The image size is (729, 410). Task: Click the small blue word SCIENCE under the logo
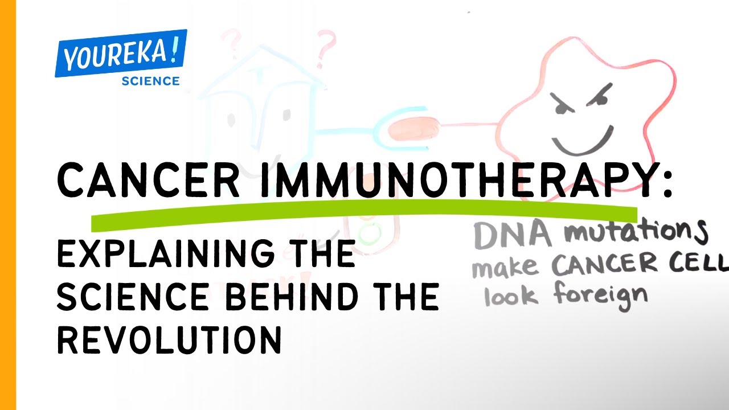tap(150, 81)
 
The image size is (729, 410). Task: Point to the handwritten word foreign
tap(601, 297)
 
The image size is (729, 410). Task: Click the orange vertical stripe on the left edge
tap(8, 205)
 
